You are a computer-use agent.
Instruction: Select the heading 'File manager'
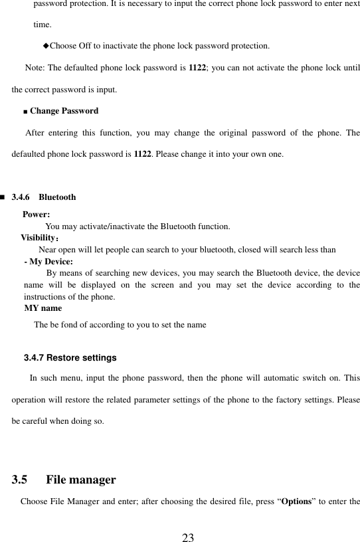(81, 480)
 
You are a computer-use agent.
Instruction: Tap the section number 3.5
(20, 480)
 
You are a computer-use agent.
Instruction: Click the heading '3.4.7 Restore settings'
(70, 358)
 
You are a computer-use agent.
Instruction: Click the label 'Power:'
(36, 215)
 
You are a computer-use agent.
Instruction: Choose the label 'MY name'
(43, 308)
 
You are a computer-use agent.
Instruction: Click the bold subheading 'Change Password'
(64, 111)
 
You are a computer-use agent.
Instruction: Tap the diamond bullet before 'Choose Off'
(46, 46)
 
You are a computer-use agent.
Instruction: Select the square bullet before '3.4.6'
(3, 197)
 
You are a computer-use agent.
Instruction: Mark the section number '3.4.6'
(21, 197)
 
